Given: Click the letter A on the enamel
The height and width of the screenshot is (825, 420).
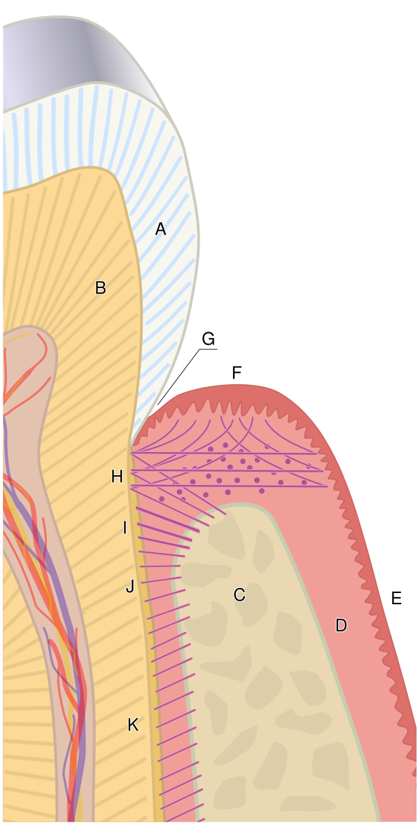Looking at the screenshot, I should tap(160, 229).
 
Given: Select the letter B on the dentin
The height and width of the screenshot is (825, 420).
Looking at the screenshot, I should tap(100, 287).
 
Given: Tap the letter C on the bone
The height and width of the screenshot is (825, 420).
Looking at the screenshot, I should tap(239, 595).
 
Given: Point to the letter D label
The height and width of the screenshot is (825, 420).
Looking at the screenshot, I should tap(341, 625).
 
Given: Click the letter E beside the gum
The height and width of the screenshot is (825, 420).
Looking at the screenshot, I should tap(396, 598).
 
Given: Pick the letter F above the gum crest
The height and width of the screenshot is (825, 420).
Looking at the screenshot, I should tap(237, 373).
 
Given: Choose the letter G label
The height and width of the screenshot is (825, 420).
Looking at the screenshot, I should tap(208, 339).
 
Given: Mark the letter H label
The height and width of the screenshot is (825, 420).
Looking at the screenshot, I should tap(117, 477).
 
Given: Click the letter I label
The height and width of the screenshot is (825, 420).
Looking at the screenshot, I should tap(125, 528).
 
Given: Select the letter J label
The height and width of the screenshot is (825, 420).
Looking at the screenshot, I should tap(130, 587).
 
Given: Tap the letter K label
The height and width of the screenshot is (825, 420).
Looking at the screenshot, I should tap(133, 725).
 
